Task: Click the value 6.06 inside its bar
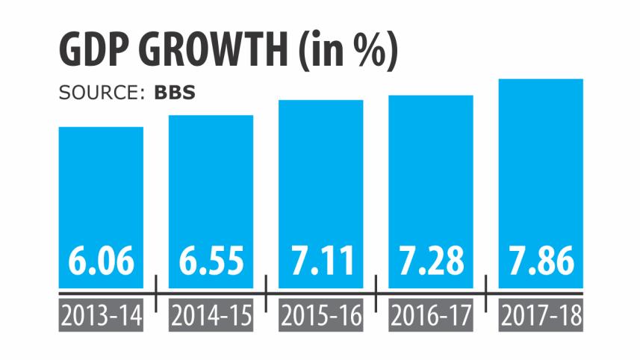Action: pyautogui.click(x=101, y=261)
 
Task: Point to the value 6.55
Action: pyautogui.click(x=211, y=261)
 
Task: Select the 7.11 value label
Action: pyautogui.click(x=320, y=261)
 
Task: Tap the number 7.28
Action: pyautogui.click(x=431, y=261)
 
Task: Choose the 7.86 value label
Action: pyautogui.click(x=541, y=261)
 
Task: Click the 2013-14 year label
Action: pyautogui.click(x=101, y=317)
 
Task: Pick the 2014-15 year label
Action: pyautogui.click(x=211, y=317)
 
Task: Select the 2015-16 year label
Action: pyautogui.click(x=320, y=317)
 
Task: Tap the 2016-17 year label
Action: pyautogui.click(x=431, y=317)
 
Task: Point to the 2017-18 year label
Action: pyautogui.click(x=541, y=317)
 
